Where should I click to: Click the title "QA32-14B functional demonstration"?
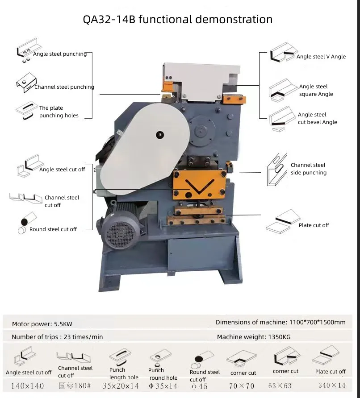pyautogui.click(x=178, y=20)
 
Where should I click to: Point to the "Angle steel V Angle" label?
pyautogui.click(x=321, y=57)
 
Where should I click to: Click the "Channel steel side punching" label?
pyautogui.click(x=308, y=169)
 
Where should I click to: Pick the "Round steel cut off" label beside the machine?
pyautogui.click(x=53, y=229)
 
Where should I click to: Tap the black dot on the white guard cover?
pyautogui.click(x=159, y=134)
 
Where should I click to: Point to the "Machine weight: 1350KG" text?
pyautogui.click(x=253, y=337)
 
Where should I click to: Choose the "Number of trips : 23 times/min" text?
pyautogui.click(x=57, y=337)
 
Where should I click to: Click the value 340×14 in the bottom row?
pyautogui.click(x=331, y=386)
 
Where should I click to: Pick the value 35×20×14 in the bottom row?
pyautogui.click(x=121, y=386)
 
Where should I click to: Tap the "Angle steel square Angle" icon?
pyautogui.click(x=283, y=90)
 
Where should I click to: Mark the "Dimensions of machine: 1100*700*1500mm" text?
pyautogui.click(x=280, y=322)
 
